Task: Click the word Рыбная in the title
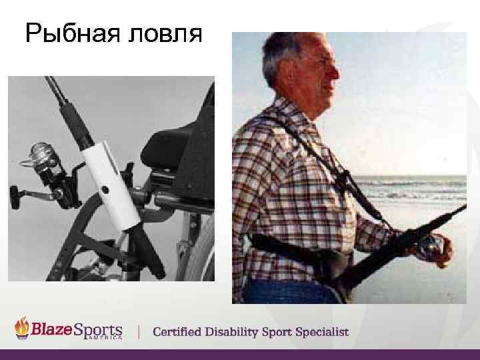(67, 33)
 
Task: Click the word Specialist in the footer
(321, 331)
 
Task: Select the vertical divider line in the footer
(139, 331)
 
